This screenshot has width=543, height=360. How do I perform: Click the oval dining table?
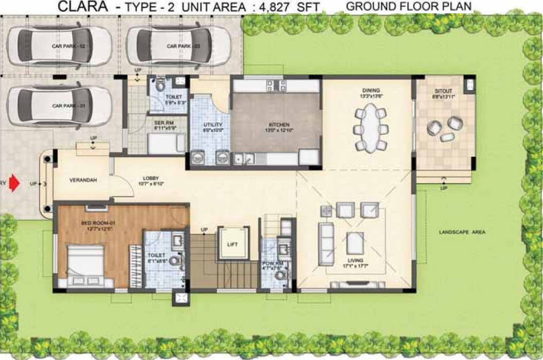pyautogui.click(x=370, y=128)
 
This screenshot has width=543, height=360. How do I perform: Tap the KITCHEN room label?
pyautogui.click(x=279, y=125)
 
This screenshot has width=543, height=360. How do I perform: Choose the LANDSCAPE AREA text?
pyautogui.click(x=462, y=232)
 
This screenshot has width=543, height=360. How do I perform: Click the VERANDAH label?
pyautogui.click(x=82, y=180)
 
